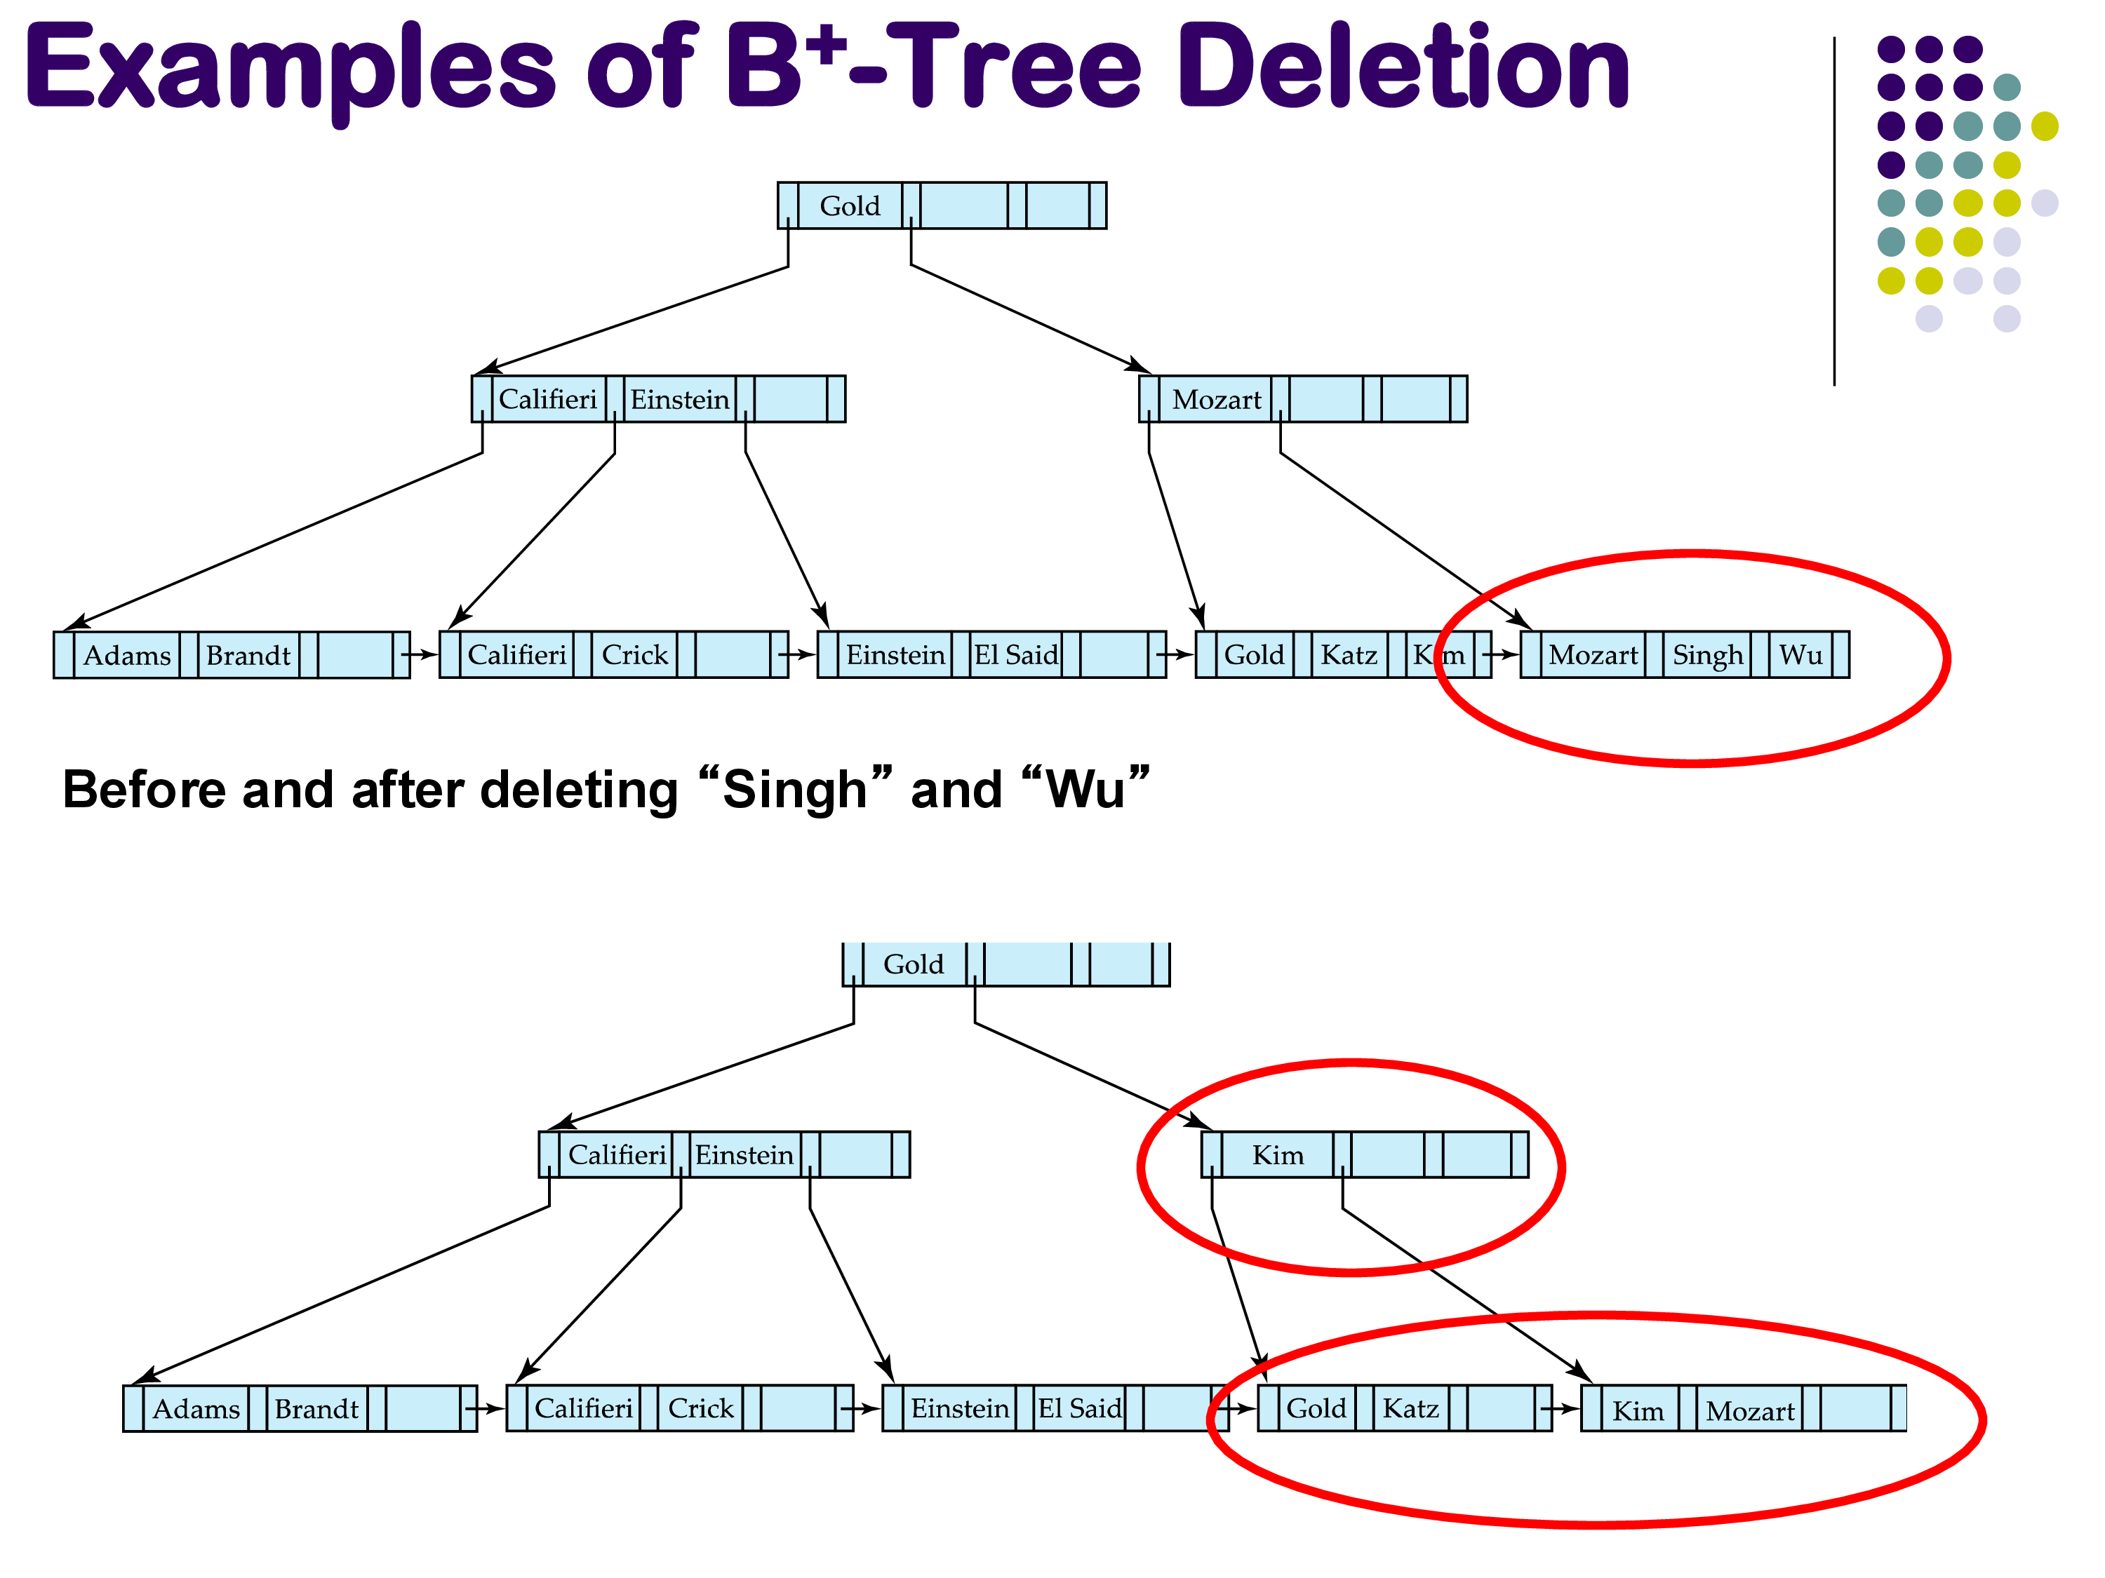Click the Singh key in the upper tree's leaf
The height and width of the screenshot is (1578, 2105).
point(1707,654)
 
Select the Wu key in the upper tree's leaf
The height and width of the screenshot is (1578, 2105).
point(1800,654)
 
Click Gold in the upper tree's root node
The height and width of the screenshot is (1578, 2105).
point(850,205)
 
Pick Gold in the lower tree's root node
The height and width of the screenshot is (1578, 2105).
point(914,964)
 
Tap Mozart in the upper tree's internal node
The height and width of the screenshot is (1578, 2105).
point(1216,400)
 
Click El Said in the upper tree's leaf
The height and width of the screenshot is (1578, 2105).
point(1015,654)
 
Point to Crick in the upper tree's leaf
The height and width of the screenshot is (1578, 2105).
point(635,654)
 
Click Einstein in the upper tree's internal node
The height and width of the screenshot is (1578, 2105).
point(679,400)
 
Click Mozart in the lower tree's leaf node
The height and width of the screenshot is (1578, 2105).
point(1750,1410)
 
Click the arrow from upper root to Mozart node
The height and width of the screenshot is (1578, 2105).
point(1028,317)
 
